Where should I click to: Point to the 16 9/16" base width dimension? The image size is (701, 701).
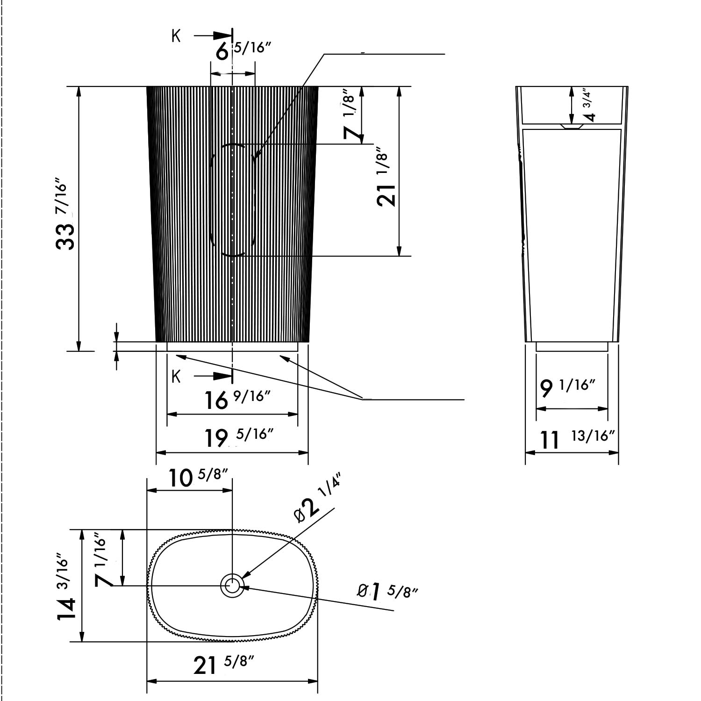(238, 400)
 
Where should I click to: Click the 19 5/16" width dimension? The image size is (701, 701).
(239, 437)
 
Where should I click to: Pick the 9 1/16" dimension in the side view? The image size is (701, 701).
(567, 387)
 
